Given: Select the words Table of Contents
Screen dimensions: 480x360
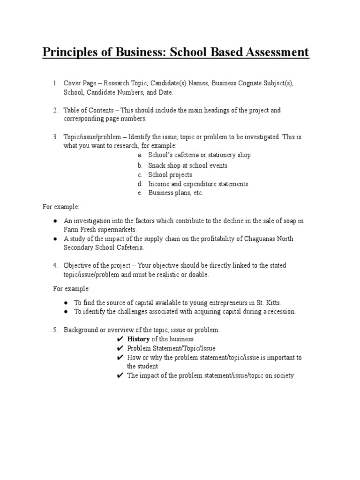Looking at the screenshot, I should pos(88,110).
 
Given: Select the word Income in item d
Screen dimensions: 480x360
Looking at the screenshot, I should pos(158,184).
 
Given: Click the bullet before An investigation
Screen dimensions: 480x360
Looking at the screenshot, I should pos(55,221).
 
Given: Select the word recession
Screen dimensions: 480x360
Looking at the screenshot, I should pos(280,311).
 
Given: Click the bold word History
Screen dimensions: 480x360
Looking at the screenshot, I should pos(138,339).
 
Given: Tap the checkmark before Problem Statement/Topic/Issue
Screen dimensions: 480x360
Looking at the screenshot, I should pos(120,348).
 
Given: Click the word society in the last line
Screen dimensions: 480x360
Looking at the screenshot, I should pos(283,375).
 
